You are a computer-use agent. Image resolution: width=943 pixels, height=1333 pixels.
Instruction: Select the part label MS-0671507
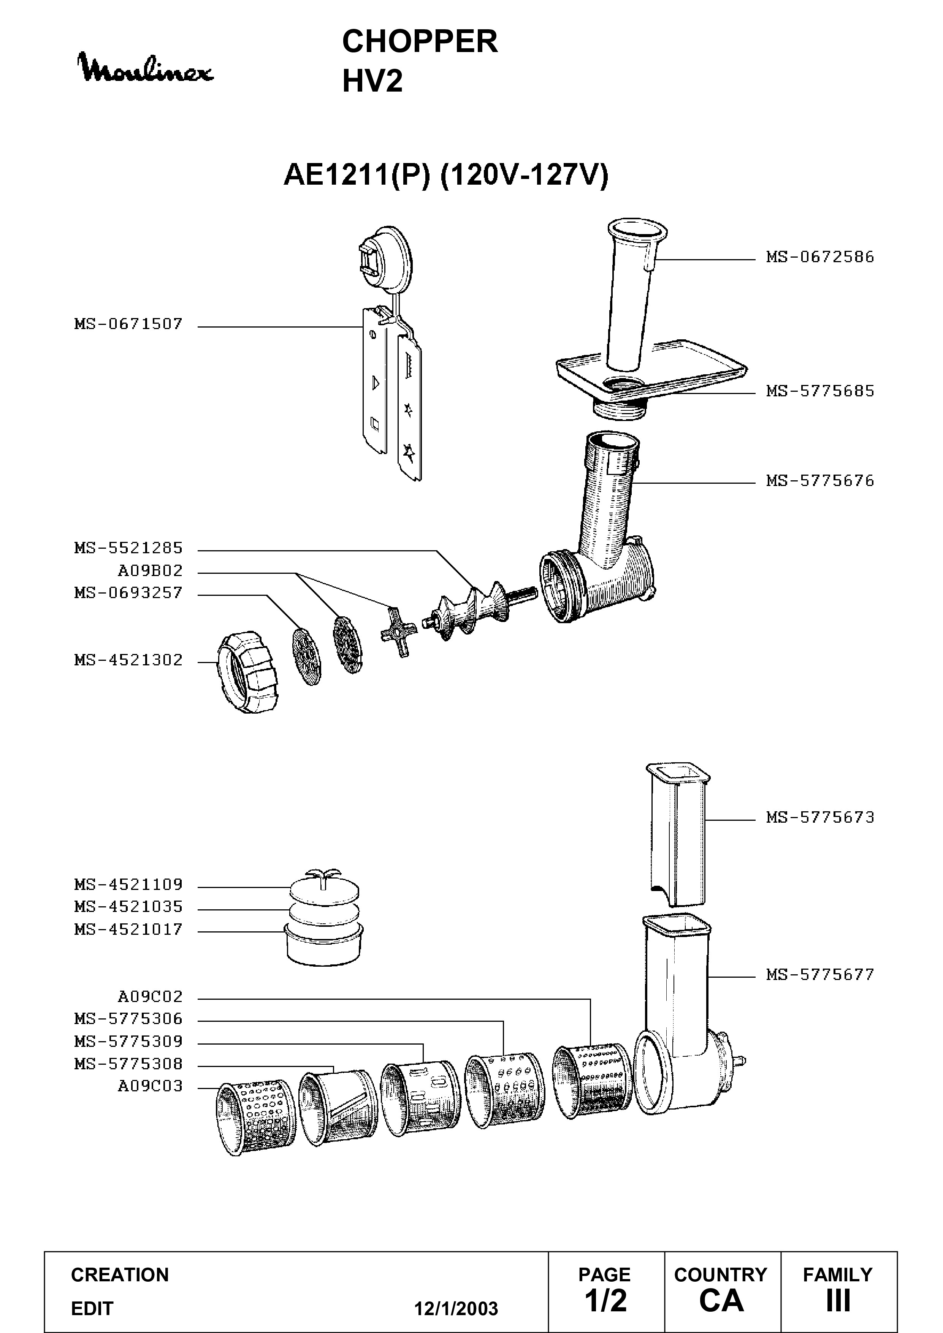[x=128, y=324]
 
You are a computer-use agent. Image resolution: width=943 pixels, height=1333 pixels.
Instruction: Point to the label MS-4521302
[x=128, y=660]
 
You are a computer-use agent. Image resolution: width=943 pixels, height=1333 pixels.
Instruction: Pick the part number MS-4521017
[x=128, y=929]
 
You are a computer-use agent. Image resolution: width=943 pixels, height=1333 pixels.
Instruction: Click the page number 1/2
[x=605, y=1300]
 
